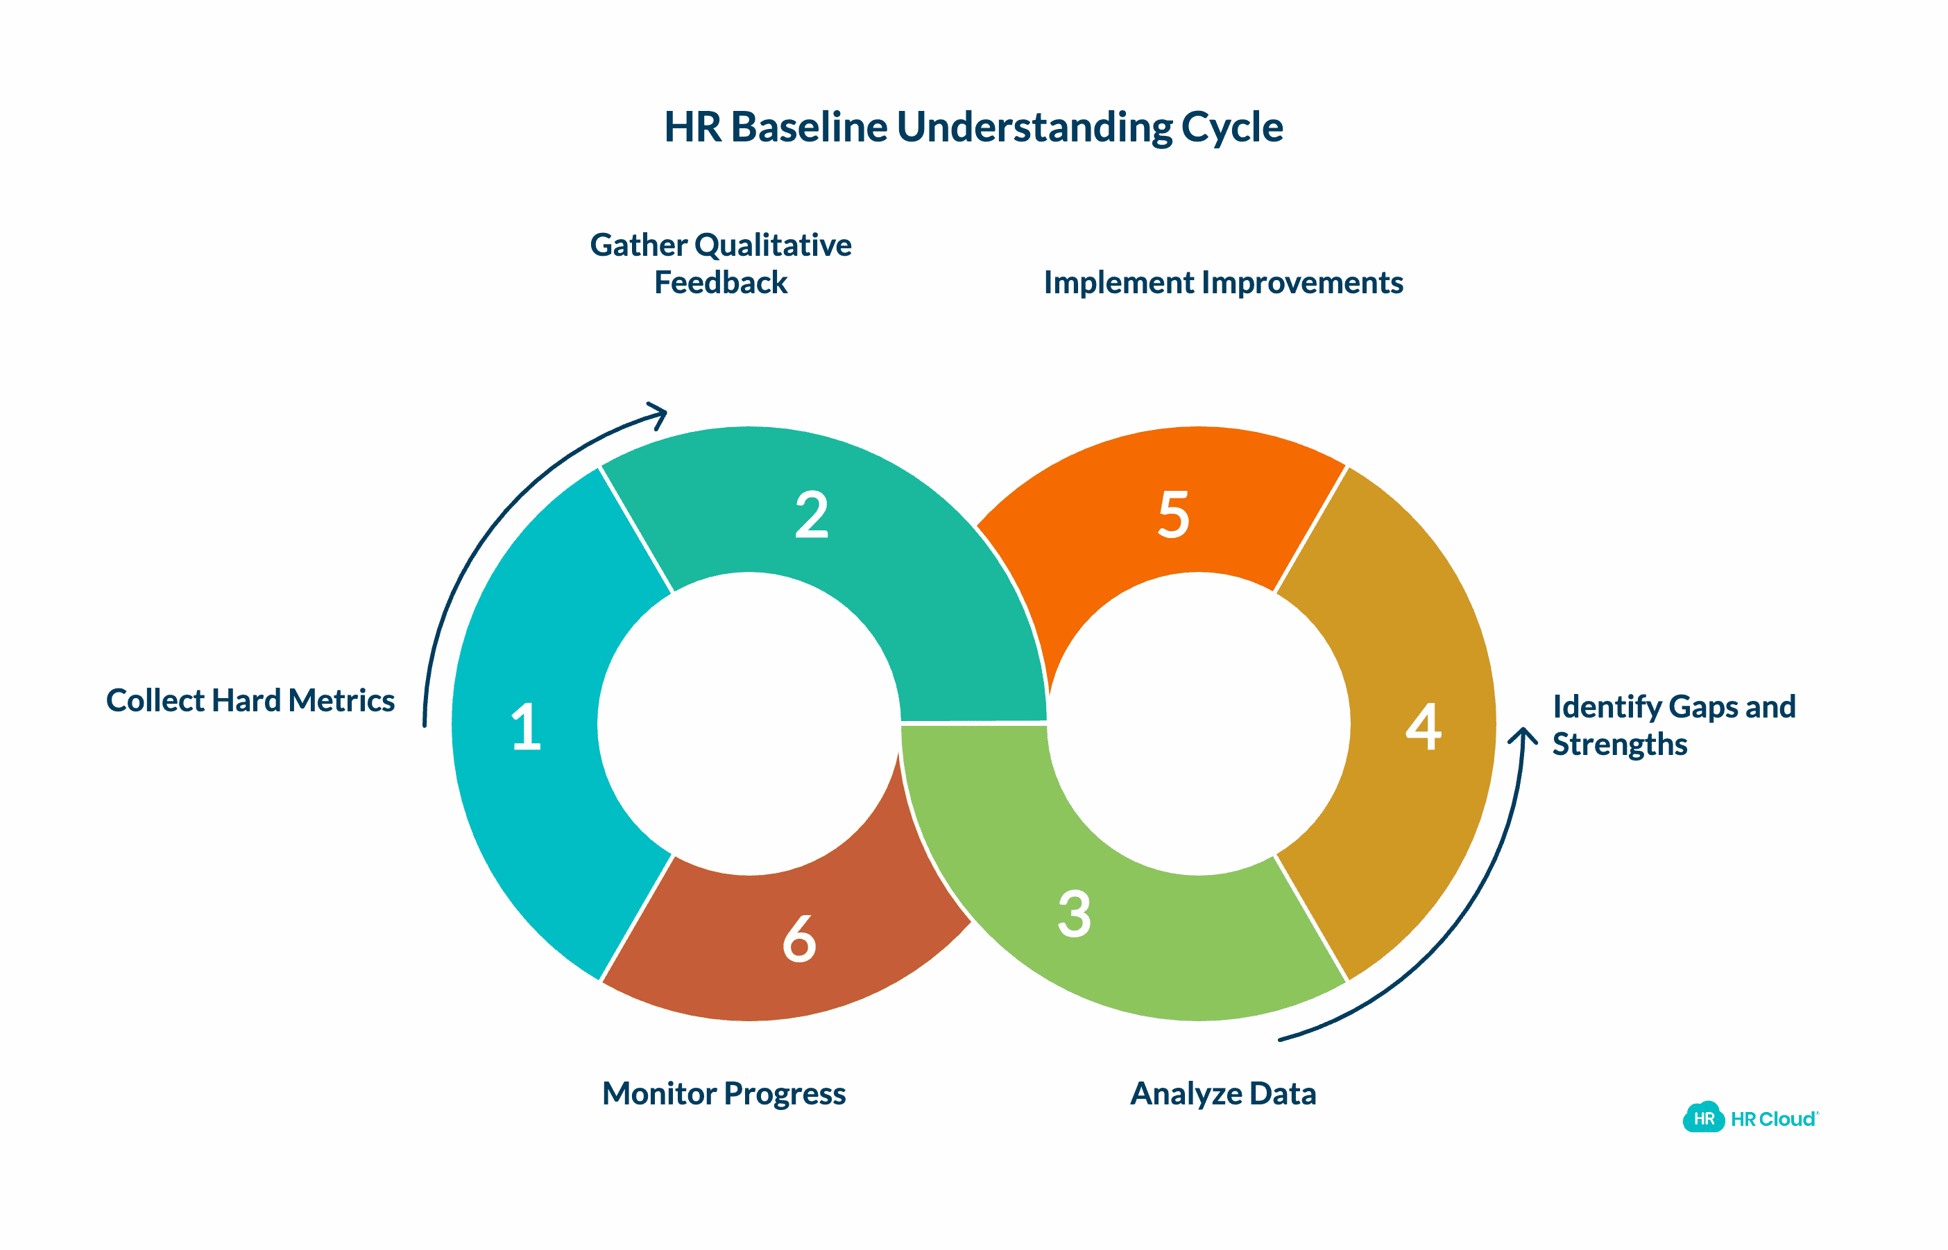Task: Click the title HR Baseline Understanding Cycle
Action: coord(973,128)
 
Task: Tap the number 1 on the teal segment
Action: coord(526,727)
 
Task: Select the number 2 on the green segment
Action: coord(811,514)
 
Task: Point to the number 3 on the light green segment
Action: coord(1075,914)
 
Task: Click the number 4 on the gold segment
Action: coord(1424,727)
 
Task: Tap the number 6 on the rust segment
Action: coord(799,939)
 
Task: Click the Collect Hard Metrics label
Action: coord(250,700)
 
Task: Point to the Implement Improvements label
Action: coord(1223,282)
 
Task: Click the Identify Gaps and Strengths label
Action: coord(1673,725)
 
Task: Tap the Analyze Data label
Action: coord(1223,1093)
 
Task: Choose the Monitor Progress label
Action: coord(724,1093)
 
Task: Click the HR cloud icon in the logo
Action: coord(1703,1118)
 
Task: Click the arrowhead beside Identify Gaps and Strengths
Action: coord(1523,736)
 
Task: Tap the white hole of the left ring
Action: coord(749,723)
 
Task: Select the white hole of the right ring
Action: coord(1199,723)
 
